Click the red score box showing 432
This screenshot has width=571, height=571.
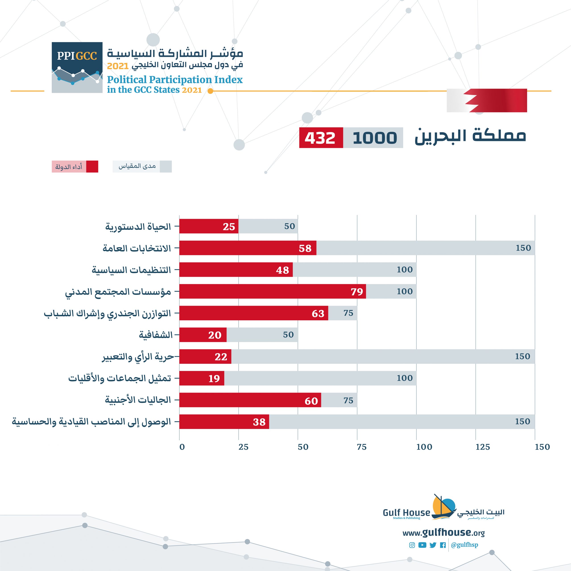point(321,138)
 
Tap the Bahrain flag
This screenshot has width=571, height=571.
point(486,101)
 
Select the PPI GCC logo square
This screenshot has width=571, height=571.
point(77,67)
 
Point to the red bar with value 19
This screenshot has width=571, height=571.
point(202,378)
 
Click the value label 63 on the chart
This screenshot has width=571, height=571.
point(318,314)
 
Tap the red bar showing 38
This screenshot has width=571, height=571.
point(224,422)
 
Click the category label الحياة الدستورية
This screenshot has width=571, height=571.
point(138,227)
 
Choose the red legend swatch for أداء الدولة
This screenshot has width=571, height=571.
point(92,167)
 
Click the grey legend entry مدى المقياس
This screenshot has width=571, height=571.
point(142,166)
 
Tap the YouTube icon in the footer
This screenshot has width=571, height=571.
point(422,545)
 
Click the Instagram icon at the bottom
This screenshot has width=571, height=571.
point(412,545)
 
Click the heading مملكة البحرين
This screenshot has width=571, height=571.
point(470,137)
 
